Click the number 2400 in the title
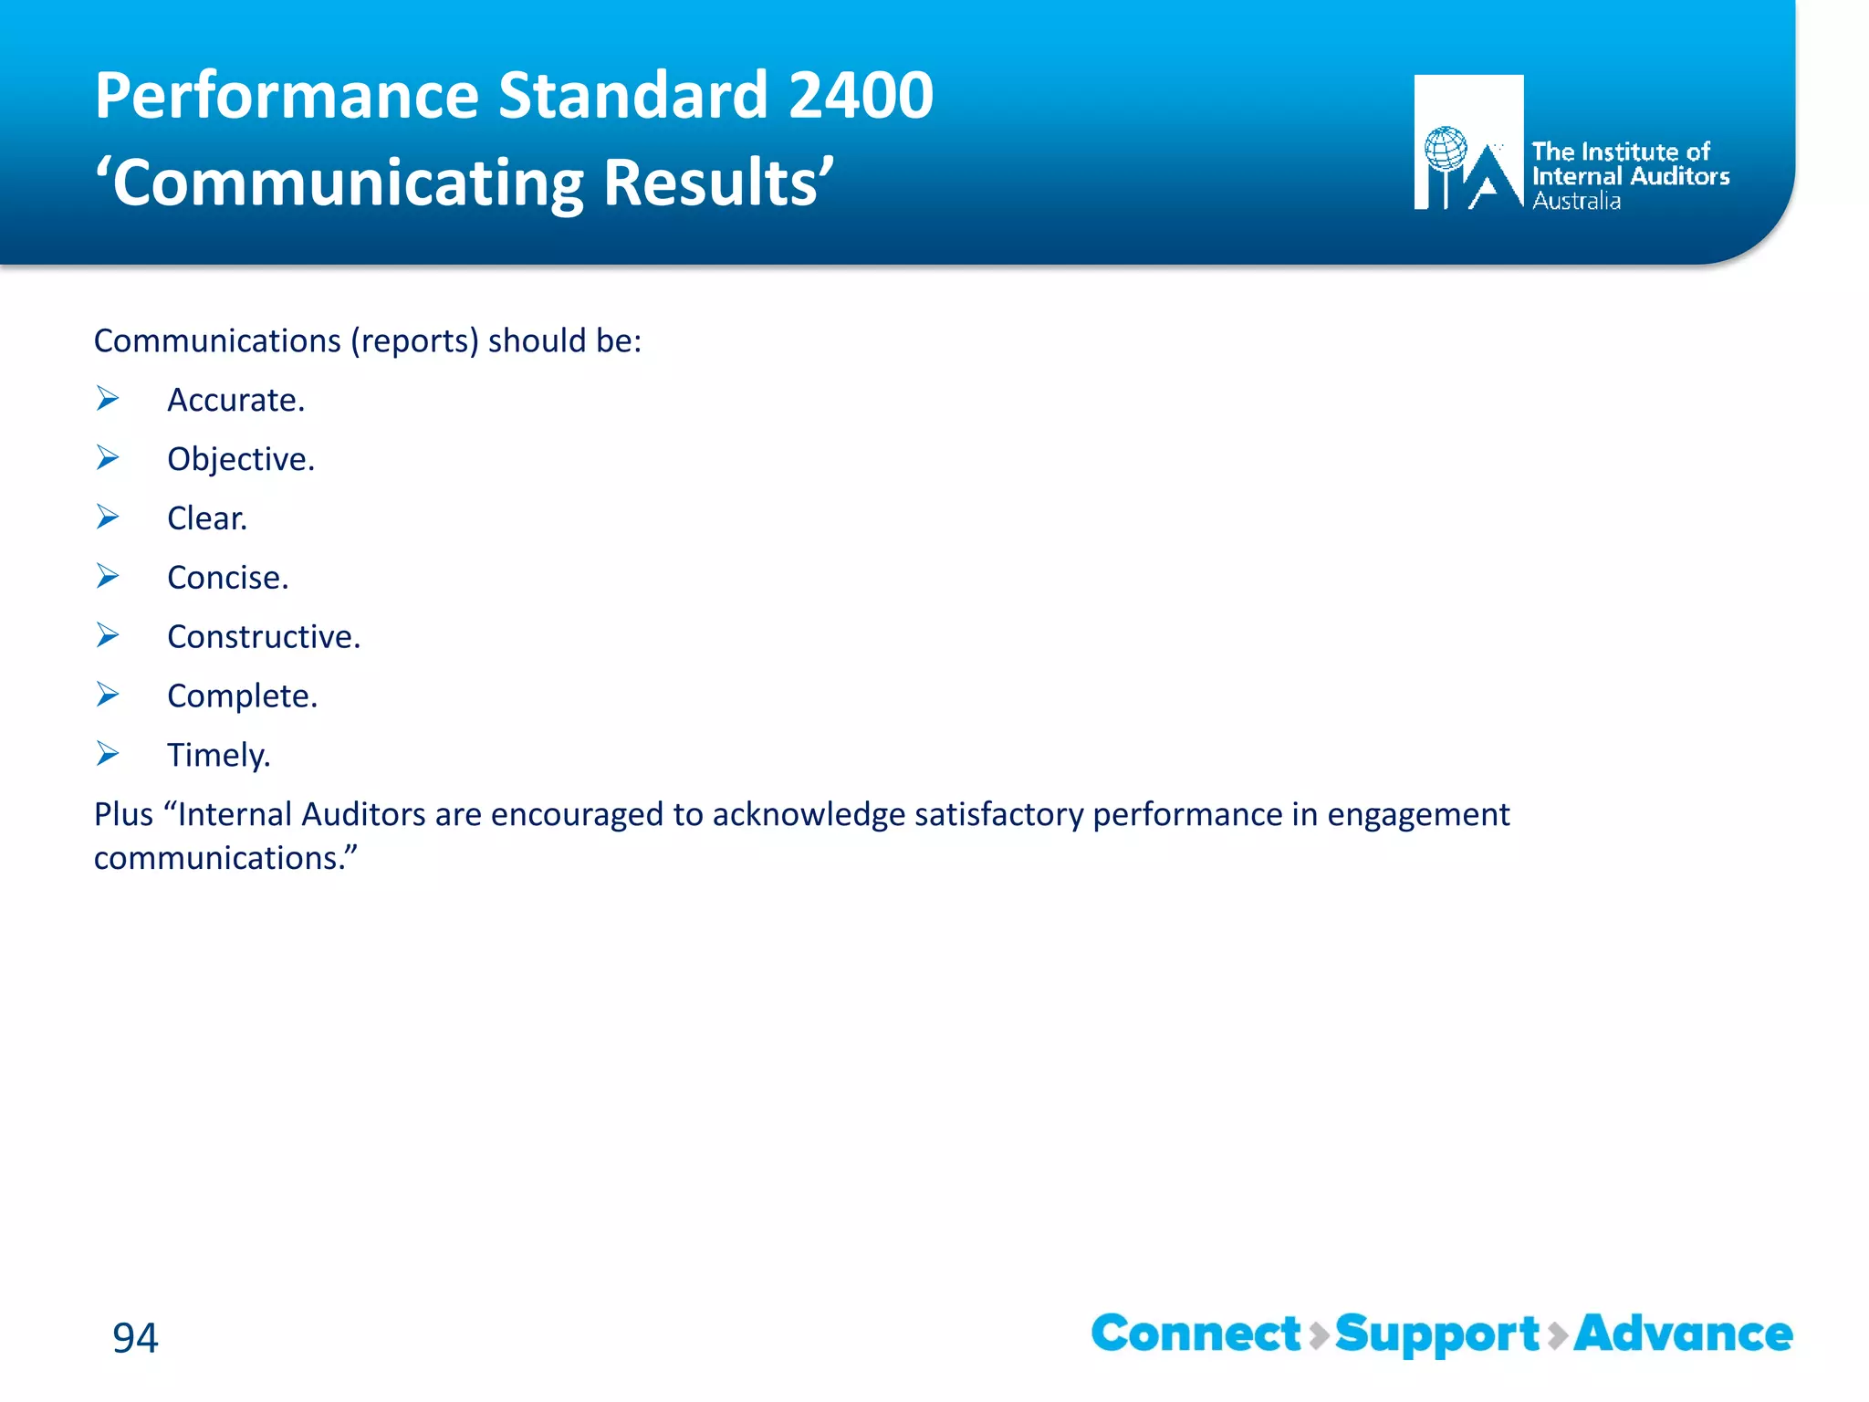click(860, 95)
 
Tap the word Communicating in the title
click(347, 183)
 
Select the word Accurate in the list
click(235, 400)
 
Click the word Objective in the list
click(240, 459)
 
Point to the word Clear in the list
click(206, 518)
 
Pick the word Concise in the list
click(227, 578)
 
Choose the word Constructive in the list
click(263, 637)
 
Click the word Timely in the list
click(218, 756)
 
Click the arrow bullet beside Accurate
click(108, 399)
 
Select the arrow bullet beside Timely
click(108, 754)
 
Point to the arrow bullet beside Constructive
click(108, 635)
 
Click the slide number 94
click(135, 1337)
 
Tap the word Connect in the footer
click(1196, 1334)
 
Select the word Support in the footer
click(1437, 1335)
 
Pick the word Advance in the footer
click(1683, 1334)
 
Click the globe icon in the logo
click(1446, 149)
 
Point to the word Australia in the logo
click(1576, 201)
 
